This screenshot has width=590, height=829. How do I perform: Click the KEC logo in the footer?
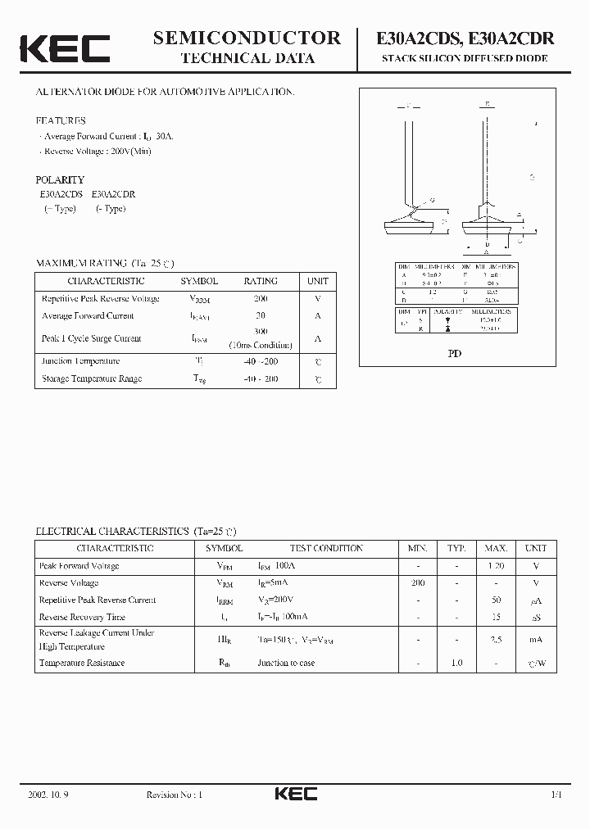(295, 794)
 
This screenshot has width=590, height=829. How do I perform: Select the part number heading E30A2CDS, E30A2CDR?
(465, 38)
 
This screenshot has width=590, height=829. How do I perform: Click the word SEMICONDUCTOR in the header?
(247, 37)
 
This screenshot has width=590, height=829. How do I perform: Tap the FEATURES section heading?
(60, 120)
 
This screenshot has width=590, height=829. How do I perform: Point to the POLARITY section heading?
(60, 179)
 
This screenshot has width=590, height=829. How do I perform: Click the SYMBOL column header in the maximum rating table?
(199, 281)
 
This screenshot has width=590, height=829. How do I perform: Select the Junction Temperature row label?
(80, 361)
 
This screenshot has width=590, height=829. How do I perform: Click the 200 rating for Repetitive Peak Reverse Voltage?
(261, 299)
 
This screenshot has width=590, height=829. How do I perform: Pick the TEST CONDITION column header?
(326, 548)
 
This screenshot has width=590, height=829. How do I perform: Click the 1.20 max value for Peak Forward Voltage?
(496, 566)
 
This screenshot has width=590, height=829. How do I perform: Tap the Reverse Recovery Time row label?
(82, 617)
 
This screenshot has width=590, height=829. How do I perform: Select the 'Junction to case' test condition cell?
(286, 663)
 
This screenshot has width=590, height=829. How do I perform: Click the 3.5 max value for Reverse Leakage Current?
(496, 640)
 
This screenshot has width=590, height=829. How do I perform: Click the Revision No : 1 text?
(174, 795)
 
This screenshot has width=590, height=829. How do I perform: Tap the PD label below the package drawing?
(454, 355)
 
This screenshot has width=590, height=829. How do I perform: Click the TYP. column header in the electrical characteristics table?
(456, 548)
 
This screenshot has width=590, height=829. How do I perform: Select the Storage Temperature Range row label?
(92, 378)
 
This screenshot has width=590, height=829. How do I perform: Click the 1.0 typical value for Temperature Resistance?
(456, 663)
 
